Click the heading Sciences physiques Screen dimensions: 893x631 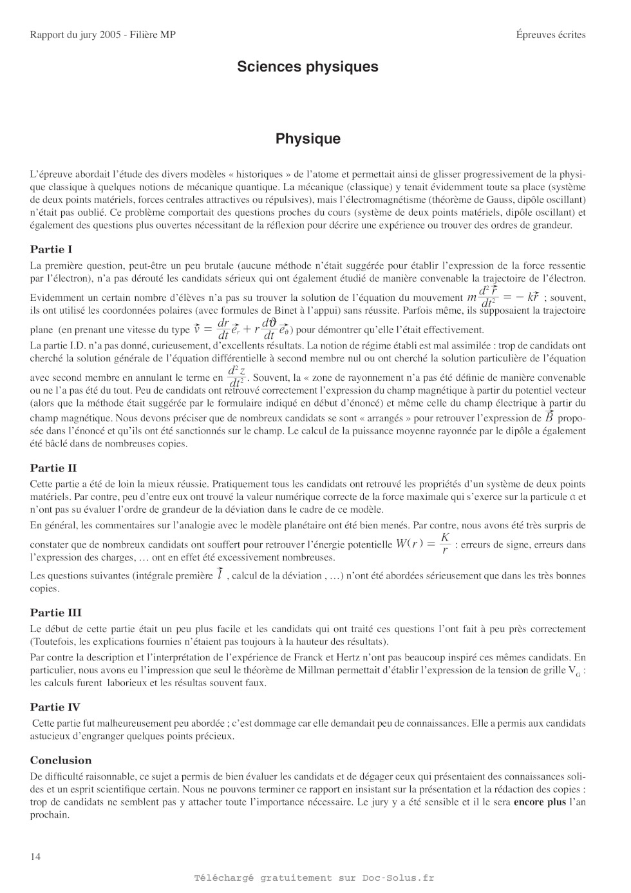tap(308, 67)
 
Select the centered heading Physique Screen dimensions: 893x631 tap(308, 139)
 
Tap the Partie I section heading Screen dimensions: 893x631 tap(51, 249)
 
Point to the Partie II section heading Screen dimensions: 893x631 tap(53, 468)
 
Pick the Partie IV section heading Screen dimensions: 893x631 tap(55, 707)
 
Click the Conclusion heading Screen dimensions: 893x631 tap(61, 760)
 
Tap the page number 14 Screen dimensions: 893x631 tap(35, 857)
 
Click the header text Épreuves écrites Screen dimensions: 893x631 tap(551, 35)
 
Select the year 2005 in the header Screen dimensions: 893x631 tap(110, 35)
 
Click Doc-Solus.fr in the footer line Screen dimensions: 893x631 tap(398, 878)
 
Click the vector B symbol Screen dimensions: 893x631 tap(549, 417)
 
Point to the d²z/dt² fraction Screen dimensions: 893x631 tap(237, 377)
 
